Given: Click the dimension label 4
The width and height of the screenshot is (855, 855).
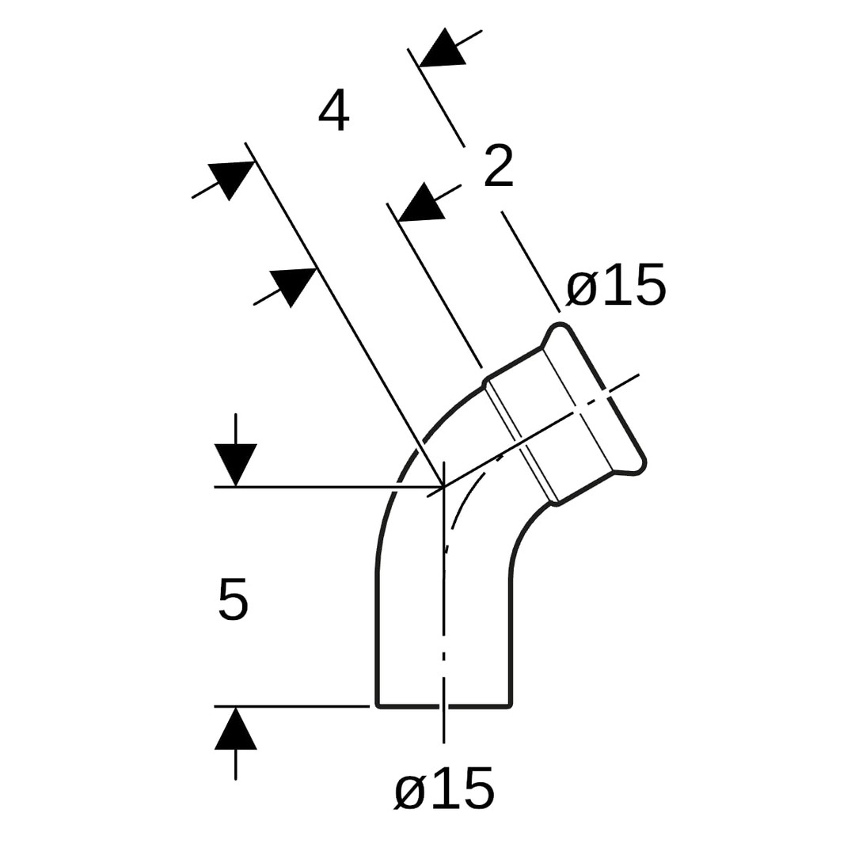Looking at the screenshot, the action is point(334,112).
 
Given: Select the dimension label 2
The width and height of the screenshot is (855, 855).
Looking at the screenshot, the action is point(499,166).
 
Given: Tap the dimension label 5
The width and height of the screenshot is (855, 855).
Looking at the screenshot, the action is point(234,599).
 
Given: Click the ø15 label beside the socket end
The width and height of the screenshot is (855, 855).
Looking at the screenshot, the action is point(616,284).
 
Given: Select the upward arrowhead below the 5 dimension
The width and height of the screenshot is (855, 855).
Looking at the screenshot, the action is point(236,728).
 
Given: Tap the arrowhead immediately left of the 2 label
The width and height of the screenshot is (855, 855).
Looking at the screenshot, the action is point(421,203).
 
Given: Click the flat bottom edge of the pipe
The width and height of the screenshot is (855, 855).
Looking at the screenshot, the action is point(444,707).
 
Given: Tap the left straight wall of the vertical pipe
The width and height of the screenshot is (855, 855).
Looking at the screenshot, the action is point(377,639).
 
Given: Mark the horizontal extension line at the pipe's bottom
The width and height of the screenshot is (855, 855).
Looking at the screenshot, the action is point(291,706).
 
